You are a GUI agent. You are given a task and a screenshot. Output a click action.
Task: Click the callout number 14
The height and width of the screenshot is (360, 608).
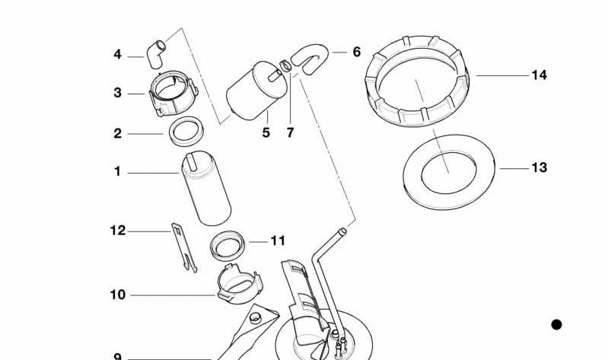[x=539, y=75]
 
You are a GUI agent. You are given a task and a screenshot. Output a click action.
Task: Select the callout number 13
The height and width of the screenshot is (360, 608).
[x=539, y=167]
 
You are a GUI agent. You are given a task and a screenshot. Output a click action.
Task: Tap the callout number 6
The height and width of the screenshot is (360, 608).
[x=356, y=53]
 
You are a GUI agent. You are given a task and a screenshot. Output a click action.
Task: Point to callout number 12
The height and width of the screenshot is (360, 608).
[x=117, y=231]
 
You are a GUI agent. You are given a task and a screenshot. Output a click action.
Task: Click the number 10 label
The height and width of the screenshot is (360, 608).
[x=117, y=295]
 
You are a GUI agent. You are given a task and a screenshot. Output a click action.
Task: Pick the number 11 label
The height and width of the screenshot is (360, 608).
[x=278, y=241]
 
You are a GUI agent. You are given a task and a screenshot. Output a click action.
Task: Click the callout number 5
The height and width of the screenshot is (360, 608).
[x=266, y=132]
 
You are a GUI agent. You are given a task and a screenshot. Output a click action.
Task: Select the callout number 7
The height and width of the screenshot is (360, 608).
[x=290, y=132]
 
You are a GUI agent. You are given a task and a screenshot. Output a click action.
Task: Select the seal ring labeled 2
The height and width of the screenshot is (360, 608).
[x=186, y=131]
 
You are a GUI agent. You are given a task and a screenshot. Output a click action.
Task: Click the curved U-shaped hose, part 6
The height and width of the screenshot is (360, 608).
[x=310, y=59]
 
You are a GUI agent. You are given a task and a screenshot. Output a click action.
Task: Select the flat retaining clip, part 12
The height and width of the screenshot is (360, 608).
[x=182, y=245]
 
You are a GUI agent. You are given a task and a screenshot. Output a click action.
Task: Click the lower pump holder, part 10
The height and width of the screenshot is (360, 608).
[x=238, y=286]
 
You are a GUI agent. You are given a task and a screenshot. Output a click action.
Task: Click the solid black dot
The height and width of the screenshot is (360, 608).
[x=556, y=325]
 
